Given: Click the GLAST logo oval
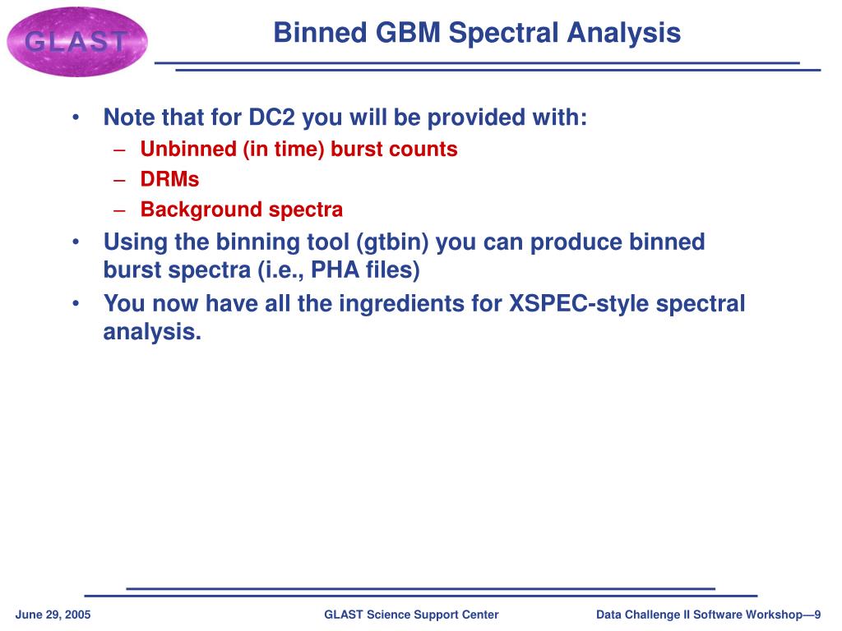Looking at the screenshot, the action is click(76, 41).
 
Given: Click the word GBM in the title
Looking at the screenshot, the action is click(408, 32).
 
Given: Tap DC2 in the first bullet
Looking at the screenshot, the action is click(271, 117).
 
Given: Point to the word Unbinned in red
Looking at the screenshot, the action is click(188, 149).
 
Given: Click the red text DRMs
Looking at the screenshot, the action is click(169, 179).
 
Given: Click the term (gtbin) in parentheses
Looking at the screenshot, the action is click(392, 242).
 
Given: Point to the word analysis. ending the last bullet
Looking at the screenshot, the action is click(152, 332).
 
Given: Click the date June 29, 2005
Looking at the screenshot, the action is click(53, 615).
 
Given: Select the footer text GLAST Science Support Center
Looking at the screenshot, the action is click(411, 615).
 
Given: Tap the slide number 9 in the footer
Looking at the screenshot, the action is click(817, 615).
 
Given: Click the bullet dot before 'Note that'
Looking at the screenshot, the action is click(76, 117).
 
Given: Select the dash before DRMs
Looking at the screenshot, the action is click(119, 180).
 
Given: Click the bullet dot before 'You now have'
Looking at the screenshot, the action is click(76, 304).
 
